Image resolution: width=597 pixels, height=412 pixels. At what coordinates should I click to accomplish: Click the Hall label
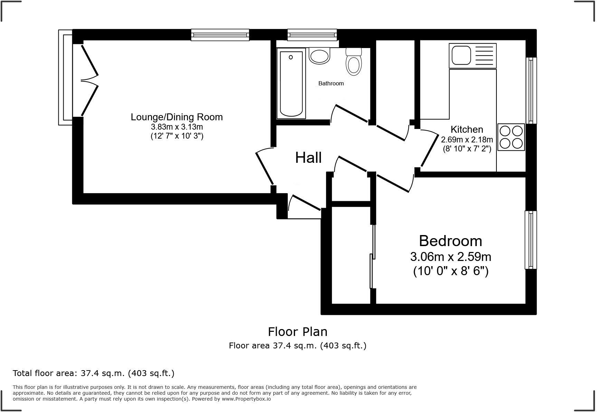pos(308,158)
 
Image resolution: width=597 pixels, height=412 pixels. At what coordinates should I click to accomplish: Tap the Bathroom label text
pos(331,83)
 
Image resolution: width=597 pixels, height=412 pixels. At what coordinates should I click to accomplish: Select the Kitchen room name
pos(467,129)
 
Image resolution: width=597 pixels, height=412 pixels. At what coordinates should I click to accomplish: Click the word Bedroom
pos(451,241)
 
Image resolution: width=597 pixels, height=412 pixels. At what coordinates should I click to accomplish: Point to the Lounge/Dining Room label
pos(177,117)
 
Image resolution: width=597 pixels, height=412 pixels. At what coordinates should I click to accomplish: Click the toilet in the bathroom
pos(353,62)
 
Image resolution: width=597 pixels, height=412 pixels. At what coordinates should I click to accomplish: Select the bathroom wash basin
pos(320,55)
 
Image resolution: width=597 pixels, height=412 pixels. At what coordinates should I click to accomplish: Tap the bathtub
pos(291,83)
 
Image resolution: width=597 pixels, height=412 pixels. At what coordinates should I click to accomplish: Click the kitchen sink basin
pos(461,56)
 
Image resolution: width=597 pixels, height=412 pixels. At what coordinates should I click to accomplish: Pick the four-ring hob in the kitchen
pos(511,137)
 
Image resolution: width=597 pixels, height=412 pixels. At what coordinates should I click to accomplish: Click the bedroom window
pos(531,240)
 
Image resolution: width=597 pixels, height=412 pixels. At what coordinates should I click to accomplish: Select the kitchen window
pos(531,90)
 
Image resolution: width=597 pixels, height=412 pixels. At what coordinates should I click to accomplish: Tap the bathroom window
pos(312,35)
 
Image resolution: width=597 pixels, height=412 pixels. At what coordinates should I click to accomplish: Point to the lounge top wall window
pos(220,35)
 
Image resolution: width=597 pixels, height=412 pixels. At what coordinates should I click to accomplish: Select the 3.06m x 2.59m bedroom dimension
pos(451,257)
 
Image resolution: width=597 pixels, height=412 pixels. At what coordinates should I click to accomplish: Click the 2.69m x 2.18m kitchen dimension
pos(467,140)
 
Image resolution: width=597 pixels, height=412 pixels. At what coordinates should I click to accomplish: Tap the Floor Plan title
pos(297,331)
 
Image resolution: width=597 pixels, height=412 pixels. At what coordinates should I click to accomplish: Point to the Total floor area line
pos(93,373)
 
